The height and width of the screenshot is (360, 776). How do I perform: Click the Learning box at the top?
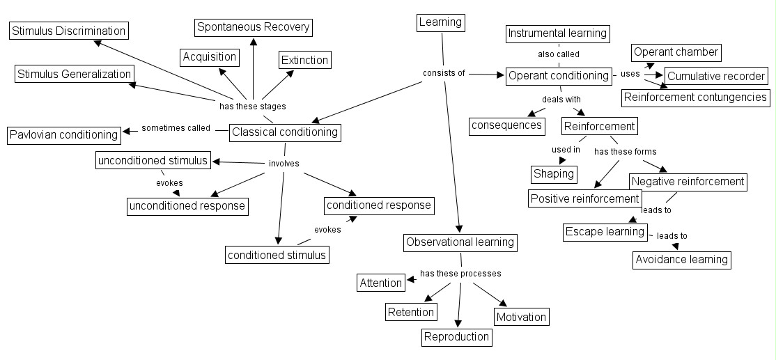440,22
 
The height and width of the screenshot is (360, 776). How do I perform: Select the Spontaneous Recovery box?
253,27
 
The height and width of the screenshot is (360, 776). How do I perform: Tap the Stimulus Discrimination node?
68,31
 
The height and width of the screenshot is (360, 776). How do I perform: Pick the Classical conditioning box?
285,132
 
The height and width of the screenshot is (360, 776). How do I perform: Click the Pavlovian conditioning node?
63,134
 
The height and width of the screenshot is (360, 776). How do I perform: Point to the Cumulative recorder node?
716,76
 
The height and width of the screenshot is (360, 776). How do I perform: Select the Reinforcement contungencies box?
695,97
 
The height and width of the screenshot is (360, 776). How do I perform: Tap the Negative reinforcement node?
688,182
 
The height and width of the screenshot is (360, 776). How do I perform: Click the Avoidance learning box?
682,260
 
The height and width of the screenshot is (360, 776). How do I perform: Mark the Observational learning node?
460,242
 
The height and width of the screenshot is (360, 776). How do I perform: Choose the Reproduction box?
457,337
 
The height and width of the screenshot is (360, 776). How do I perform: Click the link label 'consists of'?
444,73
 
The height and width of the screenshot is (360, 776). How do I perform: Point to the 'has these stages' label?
252,107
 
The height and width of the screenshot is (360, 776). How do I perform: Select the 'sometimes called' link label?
176,128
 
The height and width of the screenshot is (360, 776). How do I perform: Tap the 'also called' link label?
558,54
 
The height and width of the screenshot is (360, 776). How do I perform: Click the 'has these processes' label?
460,274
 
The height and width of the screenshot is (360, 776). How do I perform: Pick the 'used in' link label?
566,150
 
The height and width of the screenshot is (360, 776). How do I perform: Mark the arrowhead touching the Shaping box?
562,162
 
